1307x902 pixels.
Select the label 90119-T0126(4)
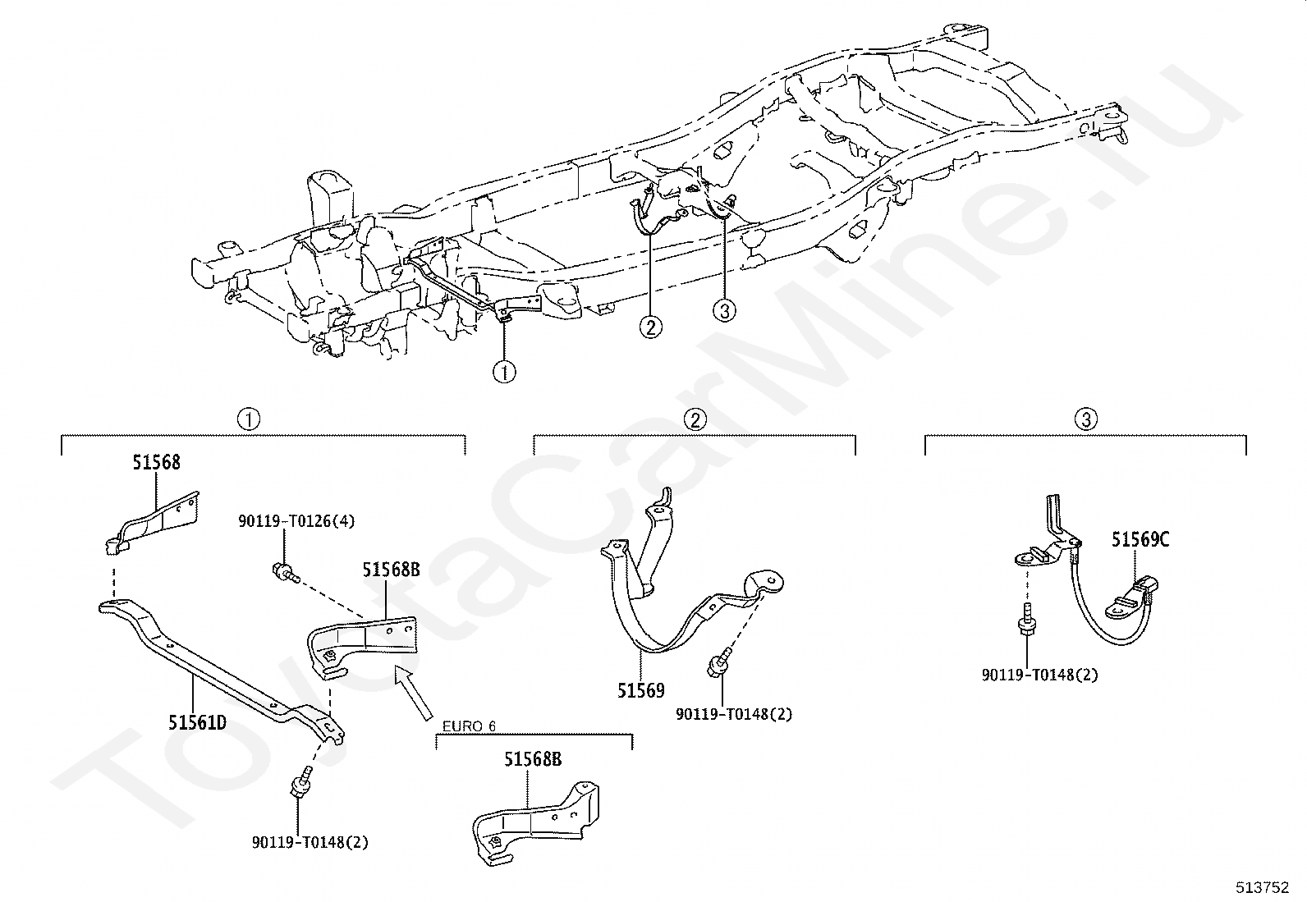(x=296, y=521)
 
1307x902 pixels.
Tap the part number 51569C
(x=1140, y=539)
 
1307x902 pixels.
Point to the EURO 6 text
(x=469, y=726)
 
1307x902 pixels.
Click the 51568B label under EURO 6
(x=533, y=759)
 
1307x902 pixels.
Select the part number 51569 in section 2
(x=641, y=690)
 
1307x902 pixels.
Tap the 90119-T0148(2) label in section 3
(x=1039, y=675)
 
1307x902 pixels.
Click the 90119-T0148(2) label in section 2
(x=734, y=714)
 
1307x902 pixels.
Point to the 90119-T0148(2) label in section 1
(x=310, y=841)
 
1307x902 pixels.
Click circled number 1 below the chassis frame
(x=504, y=373)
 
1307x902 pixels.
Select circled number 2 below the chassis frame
(x=650, y=327)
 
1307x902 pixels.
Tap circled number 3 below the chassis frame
(x=724, y=310)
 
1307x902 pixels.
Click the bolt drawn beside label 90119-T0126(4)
(x=282, y=571)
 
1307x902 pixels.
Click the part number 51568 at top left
(x=156, y=463)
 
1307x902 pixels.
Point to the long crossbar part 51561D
(x=222, y=665)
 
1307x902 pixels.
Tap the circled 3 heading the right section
(x=1085, y=419)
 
